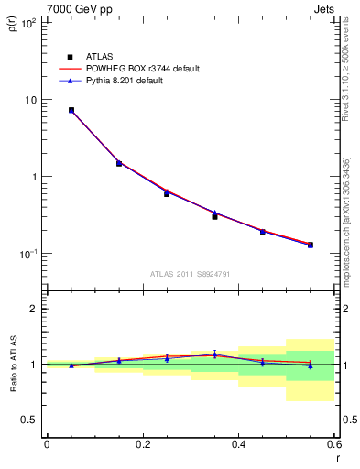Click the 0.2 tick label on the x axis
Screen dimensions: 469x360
(142, 444)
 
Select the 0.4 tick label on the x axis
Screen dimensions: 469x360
(238, 444)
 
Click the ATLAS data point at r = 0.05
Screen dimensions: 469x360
(71, 110)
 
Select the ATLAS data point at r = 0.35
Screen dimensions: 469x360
(214, 216)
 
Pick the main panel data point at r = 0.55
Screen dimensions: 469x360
(311, 245)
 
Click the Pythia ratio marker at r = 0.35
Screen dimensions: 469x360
(214, 354)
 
